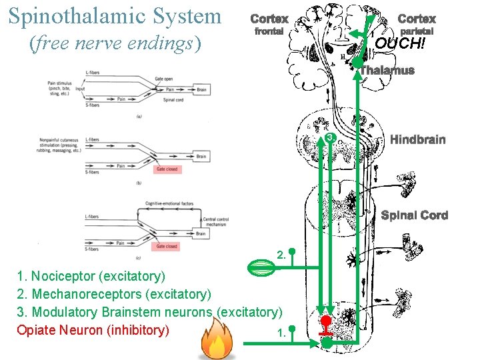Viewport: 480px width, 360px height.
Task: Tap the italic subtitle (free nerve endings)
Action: tap(115, 43)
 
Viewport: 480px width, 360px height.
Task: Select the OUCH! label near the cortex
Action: tap(399, 43)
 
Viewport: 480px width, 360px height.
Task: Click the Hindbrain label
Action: tap(417, 139)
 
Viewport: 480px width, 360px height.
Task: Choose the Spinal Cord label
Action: tap(414, 215)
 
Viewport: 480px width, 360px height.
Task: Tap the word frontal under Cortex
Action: tap(269, 31)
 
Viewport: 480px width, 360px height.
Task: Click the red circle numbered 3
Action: tap(329, 137)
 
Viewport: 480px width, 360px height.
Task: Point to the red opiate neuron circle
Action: tap(326, 321)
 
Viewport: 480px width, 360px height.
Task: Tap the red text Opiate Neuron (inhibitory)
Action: tap(93, 330)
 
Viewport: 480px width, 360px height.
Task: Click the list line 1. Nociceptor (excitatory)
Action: tap(91, 276)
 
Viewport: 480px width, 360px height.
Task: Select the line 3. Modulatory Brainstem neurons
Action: tap(149, 312)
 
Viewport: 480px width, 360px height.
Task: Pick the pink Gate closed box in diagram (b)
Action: tap(167, 169)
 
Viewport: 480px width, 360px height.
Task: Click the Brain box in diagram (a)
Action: tap(201, 89)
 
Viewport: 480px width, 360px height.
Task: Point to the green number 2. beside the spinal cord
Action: tap(282, 254)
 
